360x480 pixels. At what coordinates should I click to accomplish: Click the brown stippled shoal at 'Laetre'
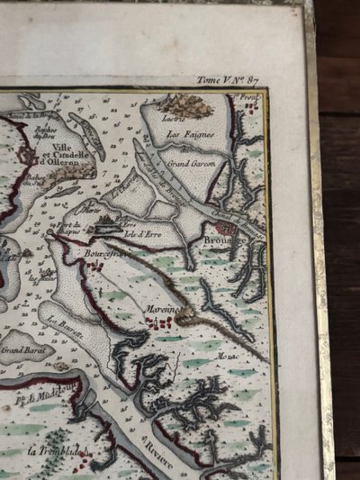pyautogui.click(x=185, y=106)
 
